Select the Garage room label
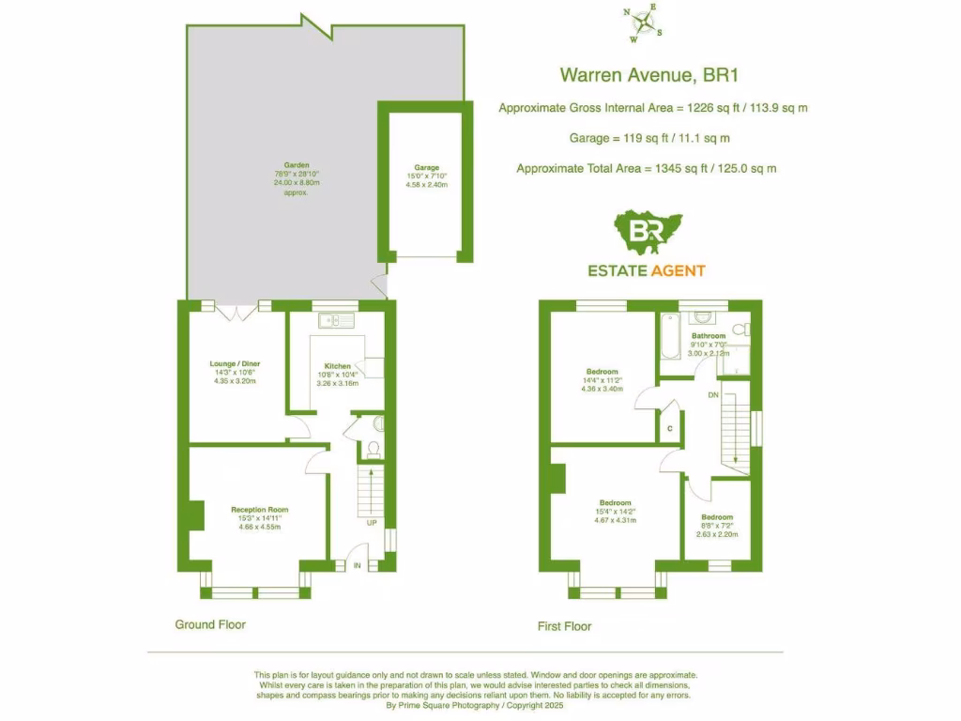pyautogui.click(x=427, y=168)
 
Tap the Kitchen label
pyautogui.click(x=337, y=366)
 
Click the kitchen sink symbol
pyautogui.click(x=336, y=322)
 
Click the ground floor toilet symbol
pyautogui.click(x=373, y=450)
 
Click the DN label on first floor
pyautogui.click(x=713, y=395)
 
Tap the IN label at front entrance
pyautogui.click(x=357, y=565)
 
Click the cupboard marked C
pyautogui.click(x=669, y=428)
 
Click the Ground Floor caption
pyautogui.click(x=210, y=624)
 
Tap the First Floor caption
pyautogui.click(x=564, y=626)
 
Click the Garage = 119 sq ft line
pyautogui.click(x=649, y=138)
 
